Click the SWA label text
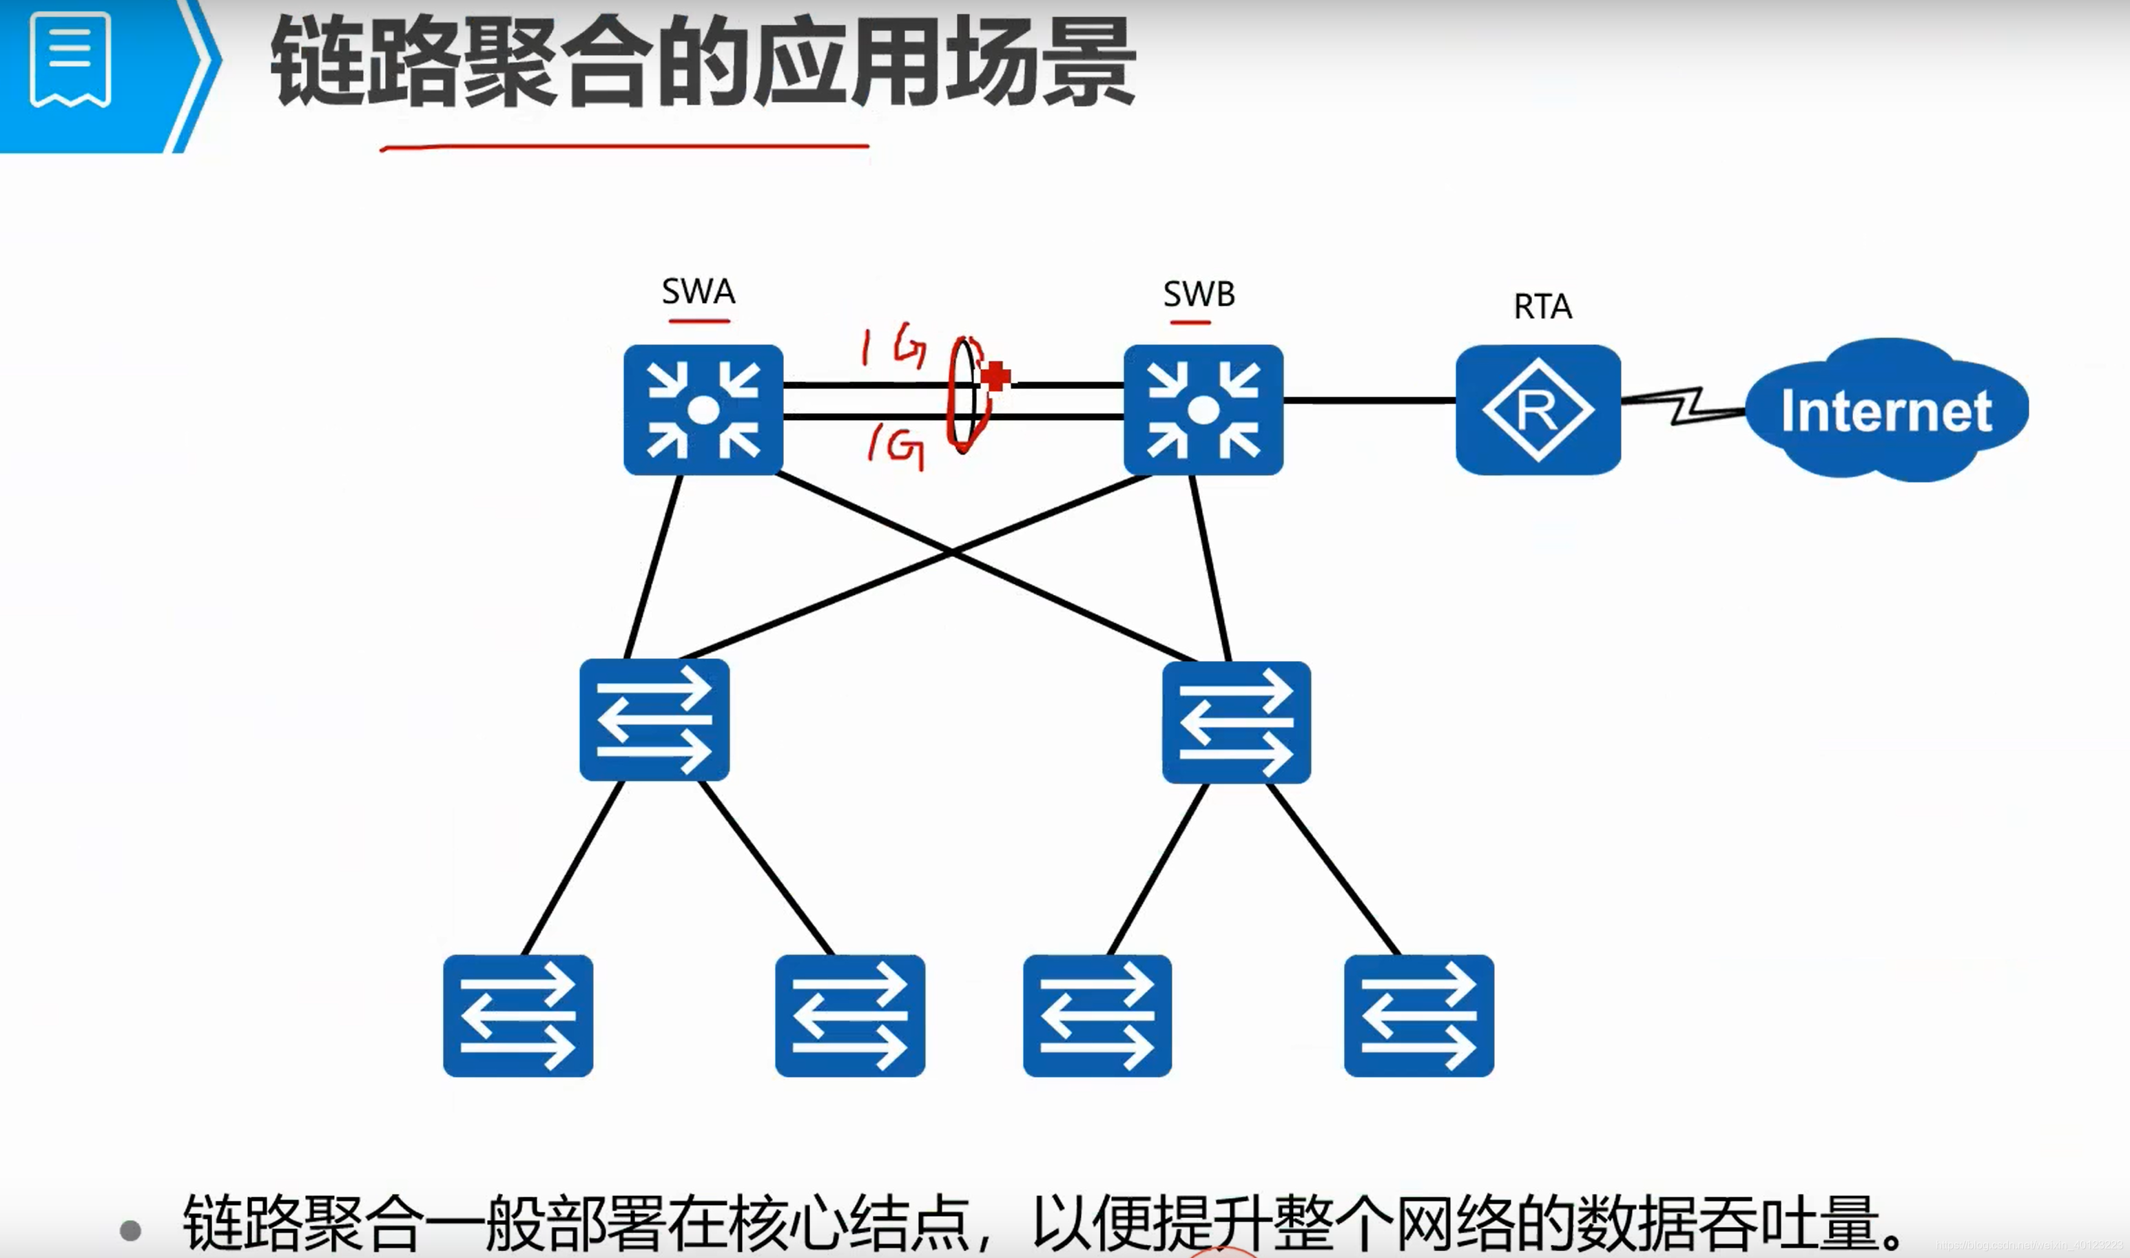click(698, 292)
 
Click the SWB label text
click(1199, 294)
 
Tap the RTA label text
click(1542, 306)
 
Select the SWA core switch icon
click(703, 410)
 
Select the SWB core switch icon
click(1203, 410)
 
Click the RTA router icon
click(1538, 410)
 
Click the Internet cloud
click(1886, 410)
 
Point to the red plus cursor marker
click(996, 375)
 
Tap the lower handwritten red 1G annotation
click(896, 444)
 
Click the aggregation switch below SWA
click(654, 720)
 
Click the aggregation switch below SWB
click(1237, 722)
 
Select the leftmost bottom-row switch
click(518, 1016)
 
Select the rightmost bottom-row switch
click(1418, 1016)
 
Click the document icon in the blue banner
click(70, 59)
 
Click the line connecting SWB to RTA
click(1369, 400)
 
